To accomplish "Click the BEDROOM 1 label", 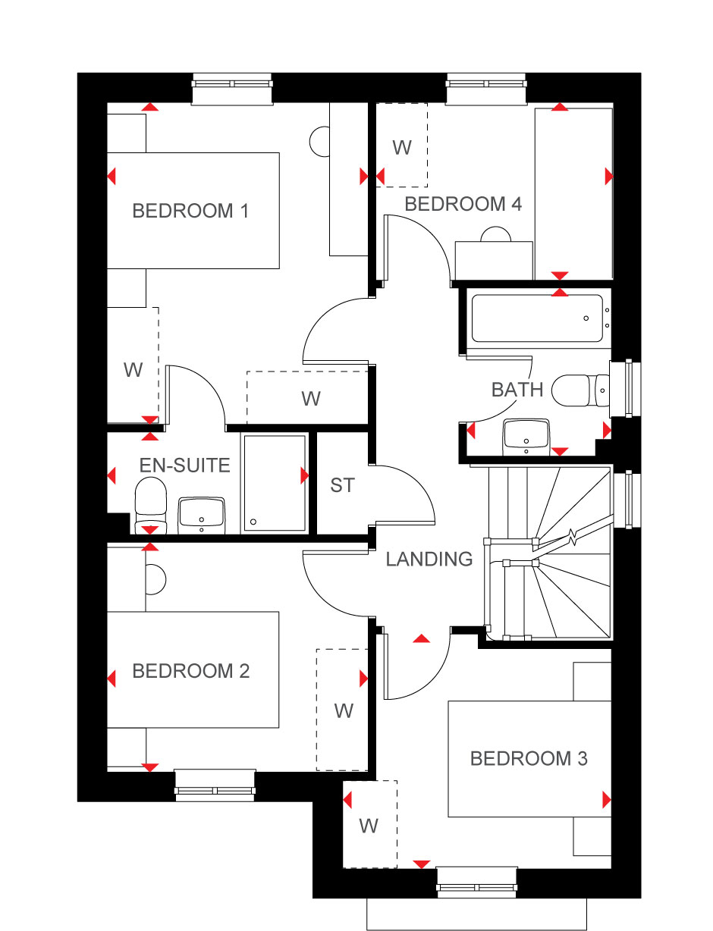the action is click(x=190, y=211).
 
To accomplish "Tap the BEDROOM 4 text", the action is click(x=463, y=204).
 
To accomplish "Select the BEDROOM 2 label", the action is click(x=190, y=671).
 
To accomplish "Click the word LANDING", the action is click(x=429, y=559).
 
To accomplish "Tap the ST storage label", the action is click(x=342, y=485).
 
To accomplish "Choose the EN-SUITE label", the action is click(x=184, y=465).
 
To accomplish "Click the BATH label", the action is click(x=517, y=390).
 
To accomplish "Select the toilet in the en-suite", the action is click(x=150, y=506).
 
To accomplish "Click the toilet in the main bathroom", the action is click(x=580, y=390).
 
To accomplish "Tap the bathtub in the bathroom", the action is click(x=537, y=318).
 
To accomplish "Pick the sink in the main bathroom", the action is click(x=526, y=437).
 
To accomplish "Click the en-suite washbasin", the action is click(x=202, y=516).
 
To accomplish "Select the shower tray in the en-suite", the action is click(x=275, y=483).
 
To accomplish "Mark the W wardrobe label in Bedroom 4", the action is click(x=402, y=148).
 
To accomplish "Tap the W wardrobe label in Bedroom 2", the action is click(x=344, y=711).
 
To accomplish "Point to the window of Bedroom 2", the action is click(x=215, y=785).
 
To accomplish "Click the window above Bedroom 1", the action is click(x=232, y=89).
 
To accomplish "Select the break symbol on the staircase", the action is click(x=573, y=537).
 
